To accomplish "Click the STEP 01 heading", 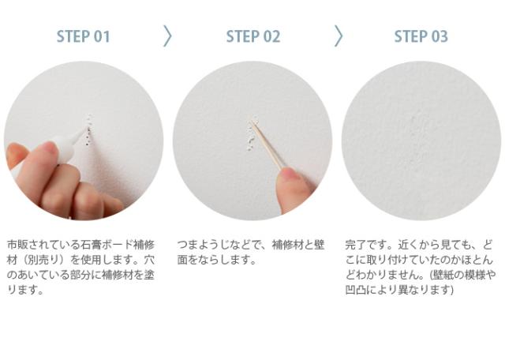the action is (x=84, y=36).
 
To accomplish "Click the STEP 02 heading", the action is (x=253, y=36).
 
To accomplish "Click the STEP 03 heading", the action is (x=421, y=36).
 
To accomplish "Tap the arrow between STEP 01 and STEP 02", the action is (x=167, y=36).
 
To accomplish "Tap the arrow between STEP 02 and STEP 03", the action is (x=339, y=36).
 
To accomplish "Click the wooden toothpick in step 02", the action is (x=267, y=144).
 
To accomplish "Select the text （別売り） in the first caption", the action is (x=43, y=260).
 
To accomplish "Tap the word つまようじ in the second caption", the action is (x=204, y=245).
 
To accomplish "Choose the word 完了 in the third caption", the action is (x=356, y=245).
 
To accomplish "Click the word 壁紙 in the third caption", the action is (x=443, y=275).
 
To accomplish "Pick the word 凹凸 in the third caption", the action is (x=356, y=290).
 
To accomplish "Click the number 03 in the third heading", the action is (x=440, y=36).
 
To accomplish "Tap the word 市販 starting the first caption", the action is (x=17, y=245).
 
